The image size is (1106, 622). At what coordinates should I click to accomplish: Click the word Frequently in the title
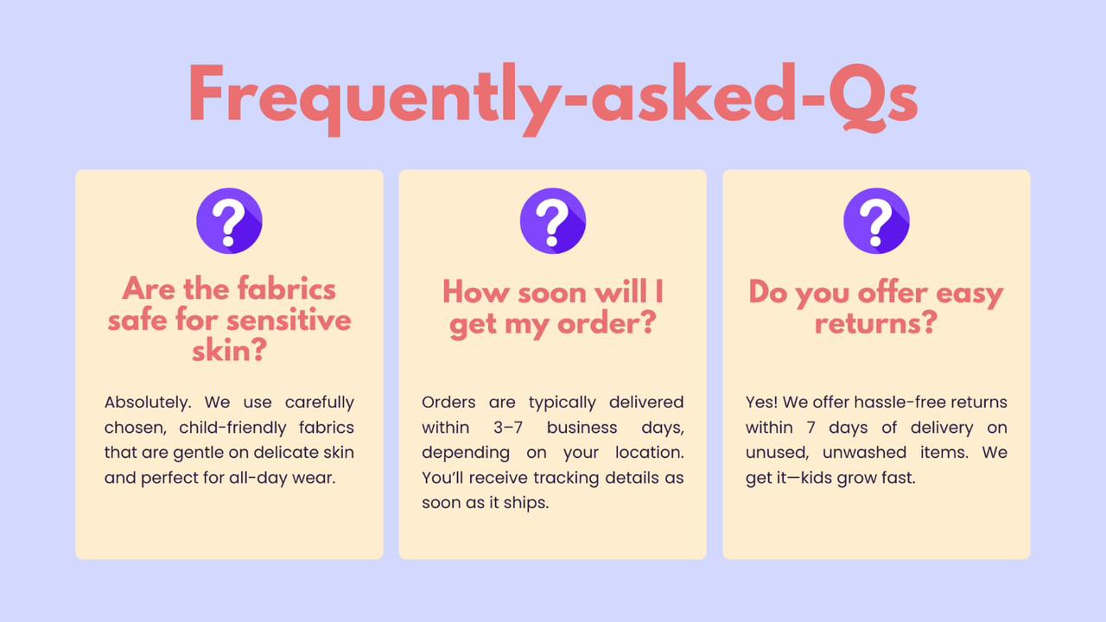pos(375,98)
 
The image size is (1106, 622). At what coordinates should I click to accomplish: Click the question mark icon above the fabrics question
pos(229,220)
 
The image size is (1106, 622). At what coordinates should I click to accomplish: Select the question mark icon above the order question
pos(552,220)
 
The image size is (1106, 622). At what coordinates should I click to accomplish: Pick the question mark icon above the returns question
pos(876,220)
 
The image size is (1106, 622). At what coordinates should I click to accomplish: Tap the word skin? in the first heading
pos(229,351)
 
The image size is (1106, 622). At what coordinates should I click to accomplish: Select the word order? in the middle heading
pos(607,324)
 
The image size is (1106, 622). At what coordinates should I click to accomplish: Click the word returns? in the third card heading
pos(876,323)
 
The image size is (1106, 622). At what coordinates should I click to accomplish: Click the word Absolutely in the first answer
pos(147,403)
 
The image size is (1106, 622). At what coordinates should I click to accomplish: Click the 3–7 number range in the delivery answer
pos(507,428)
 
